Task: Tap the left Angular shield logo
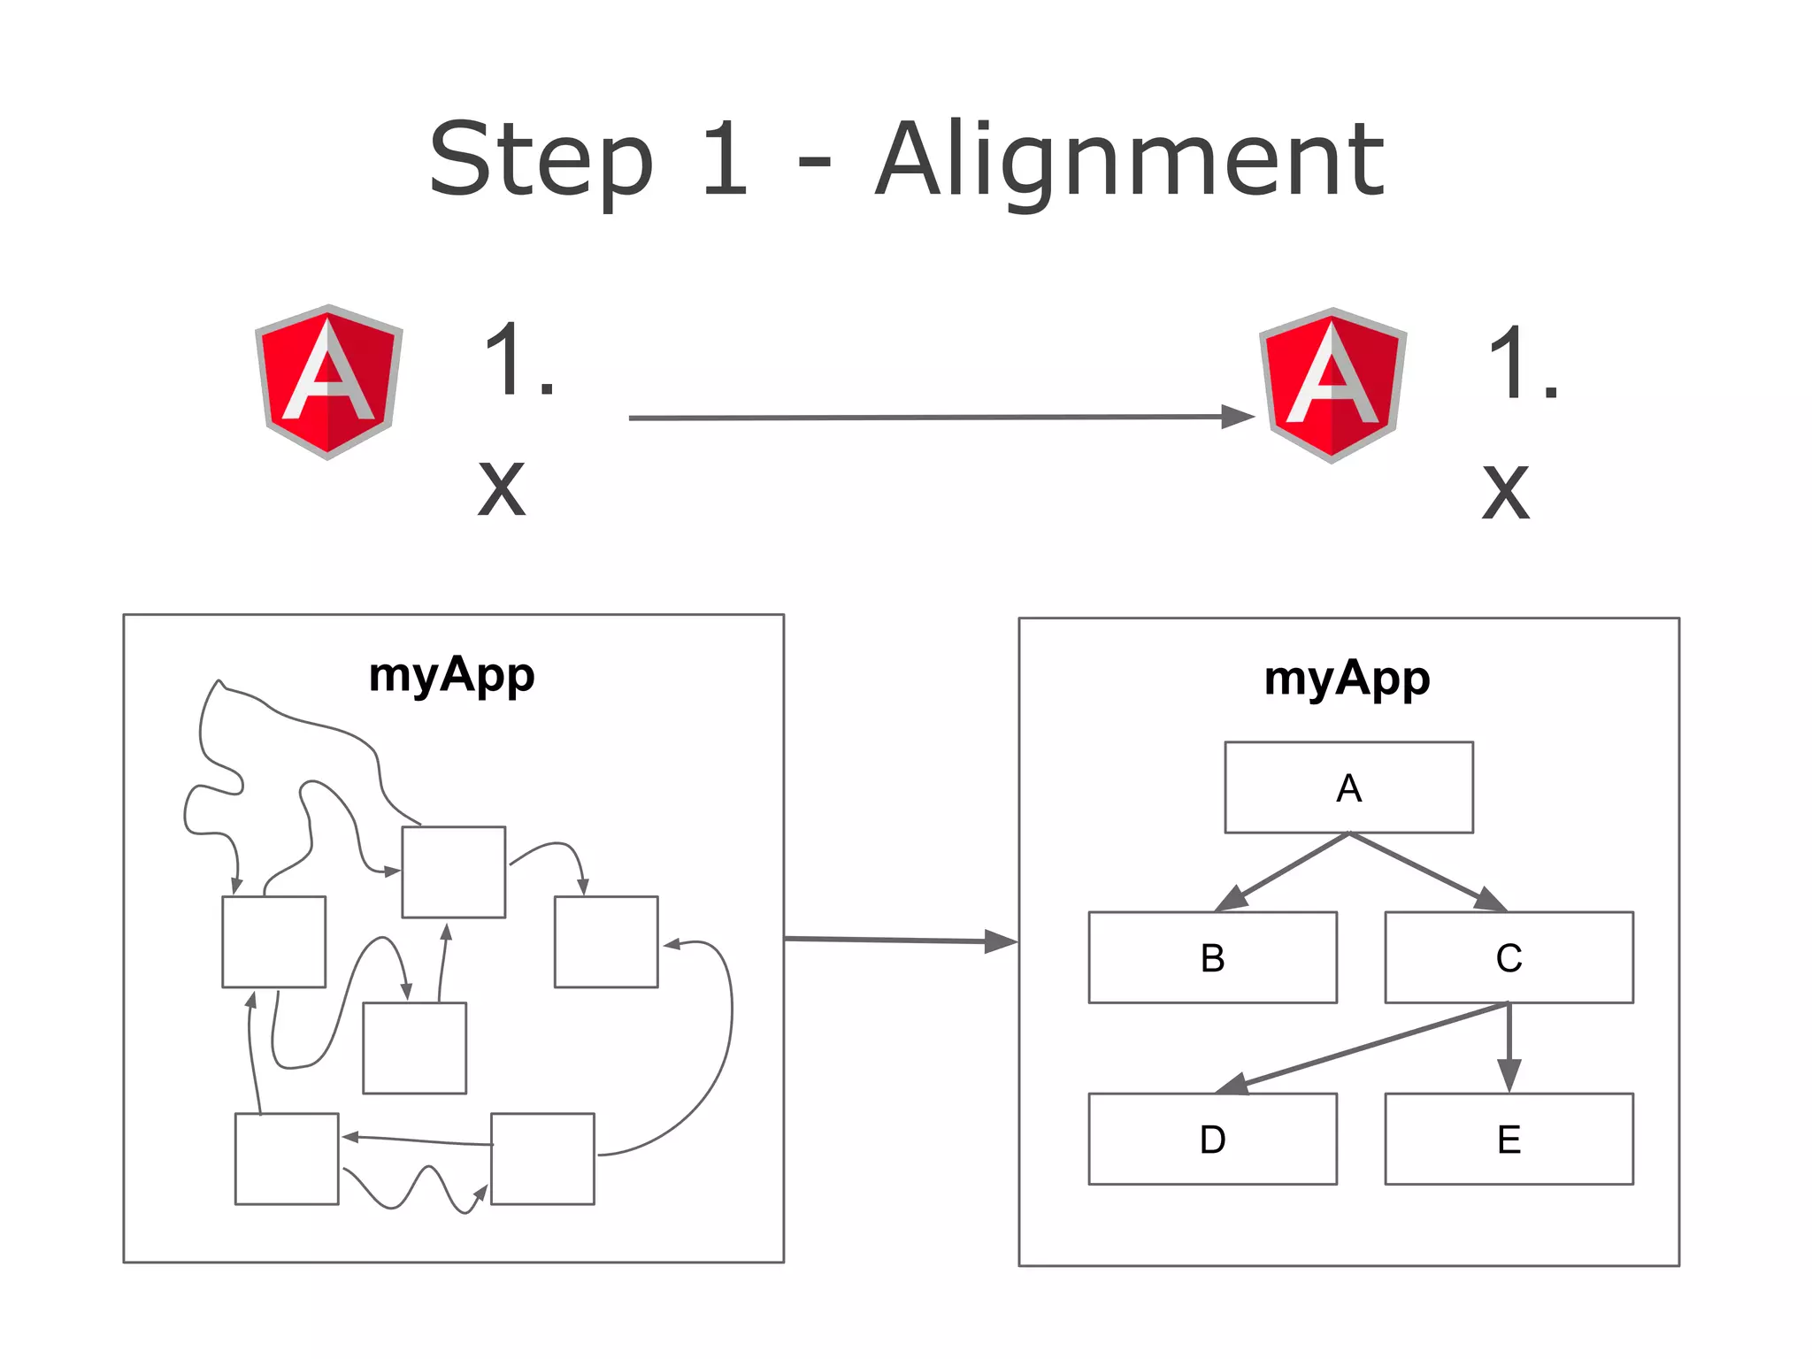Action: click(x=328, y=382)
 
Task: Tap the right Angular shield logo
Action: click(x=1332, y=386)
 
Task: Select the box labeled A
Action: click(x=1348, y=787)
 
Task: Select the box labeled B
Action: click(x=1212, y=957)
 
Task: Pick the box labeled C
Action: click(x=1509, y=957)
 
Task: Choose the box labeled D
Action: click(x=1212, y=1139)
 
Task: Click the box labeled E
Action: click(x=1509, y=1139)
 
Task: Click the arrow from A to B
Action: click(x=1283, y=871)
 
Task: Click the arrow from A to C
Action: click(x=1426, y=871)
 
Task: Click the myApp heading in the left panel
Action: click(x=451, y=675)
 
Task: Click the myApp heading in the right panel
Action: click(x=1347, y=679)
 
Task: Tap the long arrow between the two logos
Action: click(x=929, y=417)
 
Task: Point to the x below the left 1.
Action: click(x=502, y=489)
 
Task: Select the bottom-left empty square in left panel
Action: click(x=287, y=1158)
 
